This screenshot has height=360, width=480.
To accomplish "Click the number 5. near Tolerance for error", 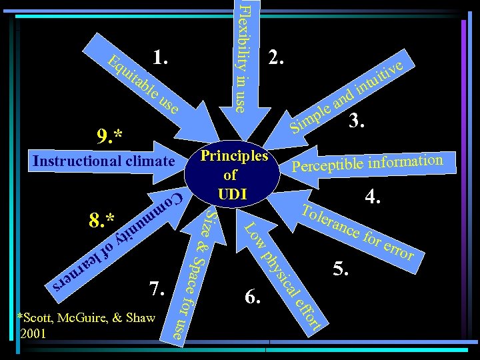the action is click(341, 269).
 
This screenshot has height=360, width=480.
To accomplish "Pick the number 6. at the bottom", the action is click(253, 297).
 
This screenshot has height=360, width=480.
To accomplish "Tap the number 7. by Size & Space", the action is click(157, 289).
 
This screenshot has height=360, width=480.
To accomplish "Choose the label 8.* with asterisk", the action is click(102, 219).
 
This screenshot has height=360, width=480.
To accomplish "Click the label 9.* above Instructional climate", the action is click(109, 137).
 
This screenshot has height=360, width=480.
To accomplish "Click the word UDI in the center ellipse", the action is click(231, 193).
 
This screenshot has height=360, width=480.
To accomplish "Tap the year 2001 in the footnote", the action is click(34, 334).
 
